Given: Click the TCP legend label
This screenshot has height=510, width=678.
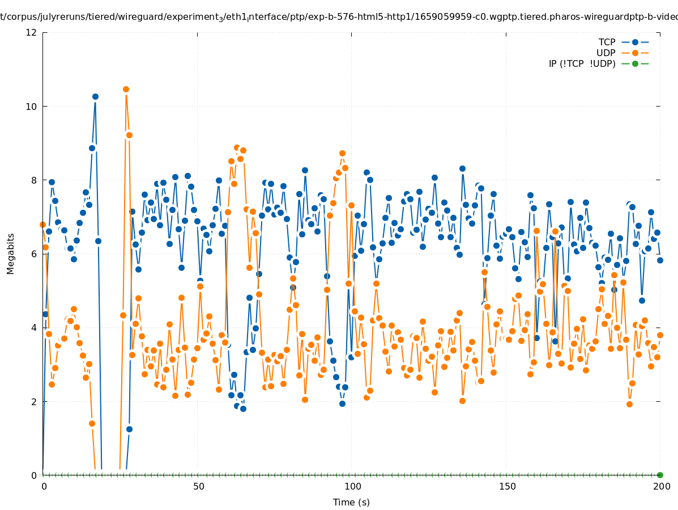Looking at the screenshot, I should [x=607, y=42].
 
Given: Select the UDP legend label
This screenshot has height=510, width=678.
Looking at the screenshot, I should [x=605, y=53].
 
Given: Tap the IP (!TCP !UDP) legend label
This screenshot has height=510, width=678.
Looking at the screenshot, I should [x=582, y=63].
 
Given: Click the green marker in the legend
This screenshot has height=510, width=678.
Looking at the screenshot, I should [x=635, y=63].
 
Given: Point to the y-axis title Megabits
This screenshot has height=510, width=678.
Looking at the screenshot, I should [x=11, y=253].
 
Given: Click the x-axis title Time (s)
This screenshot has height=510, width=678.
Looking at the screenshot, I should [x=351, y=502].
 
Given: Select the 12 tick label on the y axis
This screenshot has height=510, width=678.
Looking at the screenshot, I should [x=32, y=33].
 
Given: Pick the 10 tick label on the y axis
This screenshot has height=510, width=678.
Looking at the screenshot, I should [x=32, y=107].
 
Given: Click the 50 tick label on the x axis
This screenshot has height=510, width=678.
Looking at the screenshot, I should [x=198, y=486].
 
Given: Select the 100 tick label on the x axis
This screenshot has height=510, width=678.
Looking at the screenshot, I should [x=352, y=486].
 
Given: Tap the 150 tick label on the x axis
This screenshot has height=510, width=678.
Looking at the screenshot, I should [x=507, y=486].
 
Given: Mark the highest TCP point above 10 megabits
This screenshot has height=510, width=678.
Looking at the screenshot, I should [x=95, y=97].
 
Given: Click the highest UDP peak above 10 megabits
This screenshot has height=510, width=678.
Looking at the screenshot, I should [x=126, y=90].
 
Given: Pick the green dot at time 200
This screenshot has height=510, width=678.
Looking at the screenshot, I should [x=660, y=475].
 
